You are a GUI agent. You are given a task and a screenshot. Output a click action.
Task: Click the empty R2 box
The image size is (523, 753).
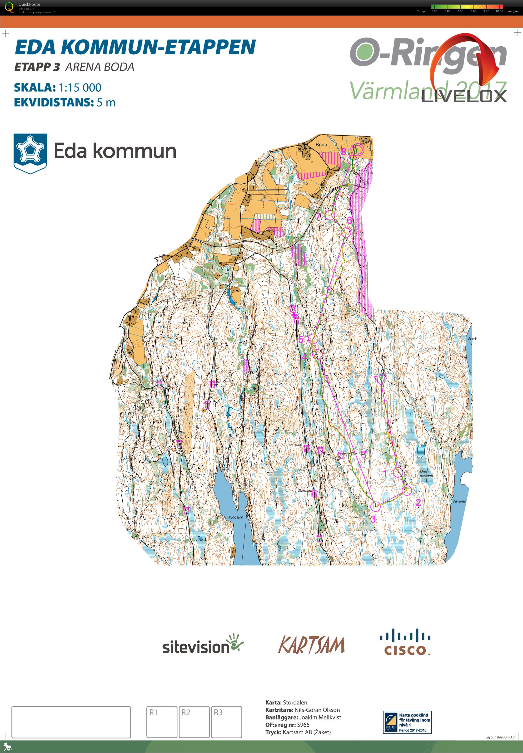(x=194, y=722)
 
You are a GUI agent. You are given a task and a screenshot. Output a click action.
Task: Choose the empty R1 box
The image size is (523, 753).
(x=162, y=722)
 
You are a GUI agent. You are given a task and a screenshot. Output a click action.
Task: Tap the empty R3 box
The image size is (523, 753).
(x=226, y=722)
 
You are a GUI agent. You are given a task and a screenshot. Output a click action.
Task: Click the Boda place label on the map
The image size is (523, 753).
(x=321, y=144)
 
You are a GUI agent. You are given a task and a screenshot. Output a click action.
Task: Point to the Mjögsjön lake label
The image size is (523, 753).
(x=236, y=517)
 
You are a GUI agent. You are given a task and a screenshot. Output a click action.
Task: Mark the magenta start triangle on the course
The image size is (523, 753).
(x=379, y=379)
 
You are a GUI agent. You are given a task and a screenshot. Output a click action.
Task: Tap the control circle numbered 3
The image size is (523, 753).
(x=376, y=506)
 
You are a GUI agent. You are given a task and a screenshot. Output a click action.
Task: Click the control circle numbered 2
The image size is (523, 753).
(x=407, y=490)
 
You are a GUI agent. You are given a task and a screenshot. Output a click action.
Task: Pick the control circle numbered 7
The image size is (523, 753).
(x=330, y=215)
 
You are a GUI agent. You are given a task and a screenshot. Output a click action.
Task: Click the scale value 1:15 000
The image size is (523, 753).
(x=80, y=88)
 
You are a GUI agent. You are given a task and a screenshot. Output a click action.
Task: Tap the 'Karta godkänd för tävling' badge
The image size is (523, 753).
(x=407, y=722)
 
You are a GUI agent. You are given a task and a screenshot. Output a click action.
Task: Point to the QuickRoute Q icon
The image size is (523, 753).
(x=9, y=7)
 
